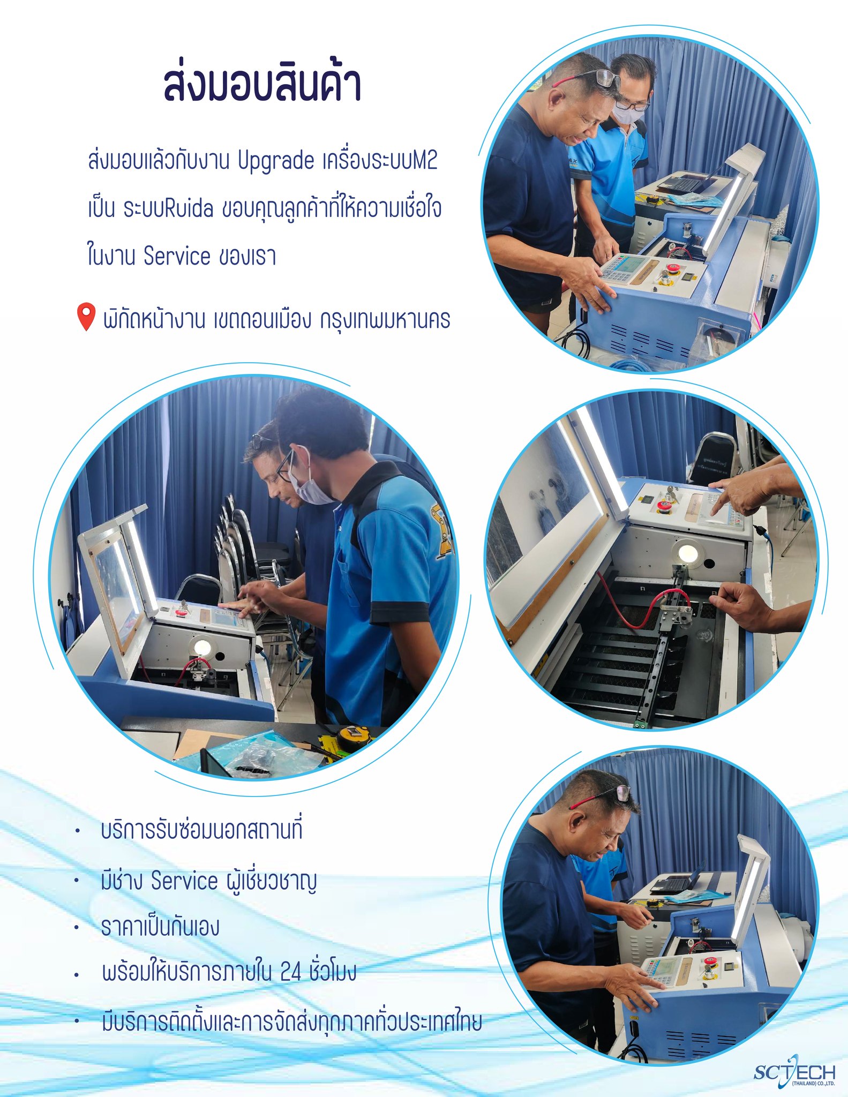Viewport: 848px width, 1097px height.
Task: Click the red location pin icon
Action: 86,317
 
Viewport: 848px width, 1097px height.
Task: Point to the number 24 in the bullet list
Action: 291,972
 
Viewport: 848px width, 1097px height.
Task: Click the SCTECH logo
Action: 794,1073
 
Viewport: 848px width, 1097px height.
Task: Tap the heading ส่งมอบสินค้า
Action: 262,83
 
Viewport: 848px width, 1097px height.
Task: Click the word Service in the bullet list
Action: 184,880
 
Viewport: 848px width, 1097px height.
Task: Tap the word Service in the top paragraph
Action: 177,256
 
